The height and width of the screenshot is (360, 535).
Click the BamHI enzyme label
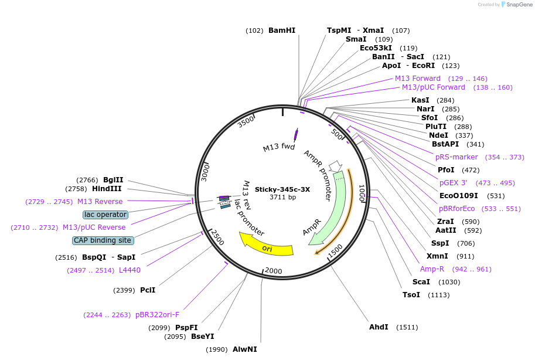[282, 30]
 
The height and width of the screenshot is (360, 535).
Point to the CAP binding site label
[103, 240]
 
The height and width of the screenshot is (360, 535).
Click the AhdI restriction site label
[379, 327]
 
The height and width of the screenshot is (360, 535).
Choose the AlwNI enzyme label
[245, 349]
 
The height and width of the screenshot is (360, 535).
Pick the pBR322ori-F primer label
[157, 315]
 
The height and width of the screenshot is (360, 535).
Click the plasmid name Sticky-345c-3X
[282, 189]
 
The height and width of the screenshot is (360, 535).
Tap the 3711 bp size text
[282, 198]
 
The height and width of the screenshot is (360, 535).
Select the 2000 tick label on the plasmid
[274, 270]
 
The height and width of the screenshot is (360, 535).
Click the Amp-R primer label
[432, 269]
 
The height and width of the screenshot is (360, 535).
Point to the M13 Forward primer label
[418, 79]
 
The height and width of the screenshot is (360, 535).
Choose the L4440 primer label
[130, 270]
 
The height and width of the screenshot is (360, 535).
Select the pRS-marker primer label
[456, 157]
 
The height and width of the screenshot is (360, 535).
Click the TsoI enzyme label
[411, 294]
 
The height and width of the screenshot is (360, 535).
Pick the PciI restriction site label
[148, 290]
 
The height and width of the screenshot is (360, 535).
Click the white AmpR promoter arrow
[335, 167]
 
